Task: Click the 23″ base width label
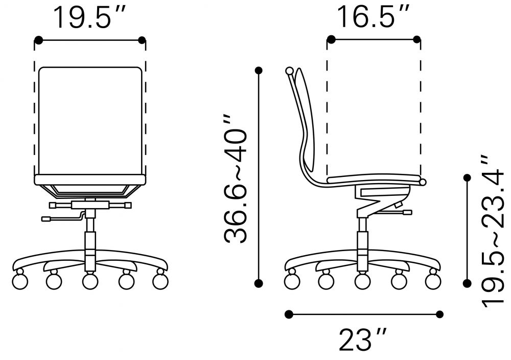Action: [363, 340]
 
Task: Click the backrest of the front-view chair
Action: [90, 120]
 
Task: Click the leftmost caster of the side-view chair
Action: [292, 280]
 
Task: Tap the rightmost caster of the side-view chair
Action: [433, 280]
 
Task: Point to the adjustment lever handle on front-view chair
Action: [46, 219]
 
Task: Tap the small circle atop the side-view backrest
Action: [290, 71]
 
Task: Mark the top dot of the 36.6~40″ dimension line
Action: [260, 70]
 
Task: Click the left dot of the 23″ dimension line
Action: [289, 313]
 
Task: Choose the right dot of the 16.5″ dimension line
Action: [417, 39]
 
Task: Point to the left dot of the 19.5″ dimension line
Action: [38, 39]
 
